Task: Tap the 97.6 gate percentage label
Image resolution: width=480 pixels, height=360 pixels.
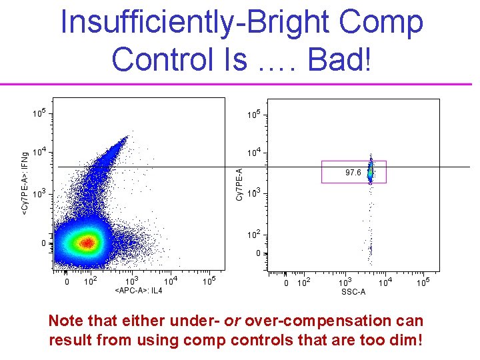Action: [x=353, y=173]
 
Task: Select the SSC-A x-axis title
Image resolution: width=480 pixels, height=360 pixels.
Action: [x=353, y=292]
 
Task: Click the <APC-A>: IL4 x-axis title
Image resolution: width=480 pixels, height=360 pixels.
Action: [x=139, y=291]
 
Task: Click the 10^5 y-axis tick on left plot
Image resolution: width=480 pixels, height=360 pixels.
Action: [x=39, y=114]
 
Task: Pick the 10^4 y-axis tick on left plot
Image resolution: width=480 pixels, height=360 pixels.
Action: [x=39, y=152]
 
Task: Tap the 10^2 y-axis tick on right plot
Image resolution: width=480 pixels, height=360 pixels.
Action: [x=253, y=235]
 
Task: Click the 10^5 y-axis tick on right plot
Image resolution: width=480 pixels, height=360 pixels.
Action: [x=253, y=115]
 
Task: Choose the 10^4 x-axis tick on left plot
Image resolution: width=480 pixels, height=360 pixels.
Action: [x=170, y=281]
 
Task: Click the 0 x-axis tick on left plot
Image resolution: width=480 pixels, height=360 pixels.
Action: [x=66, y=282]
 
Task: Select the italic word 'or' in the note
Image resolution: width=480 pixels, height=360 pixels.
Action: [x=233, y=321]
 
